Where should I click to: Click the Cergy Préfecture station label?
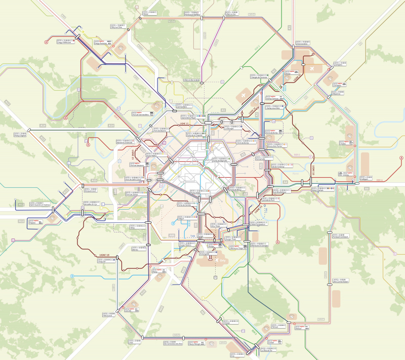(x=65, y=42)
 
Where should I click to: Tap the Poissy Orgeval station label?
(x=20, y=135)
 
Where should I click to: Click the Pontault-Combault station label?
(x=341, y=236)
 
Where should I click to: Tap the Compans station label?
(x=338, y=65)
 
